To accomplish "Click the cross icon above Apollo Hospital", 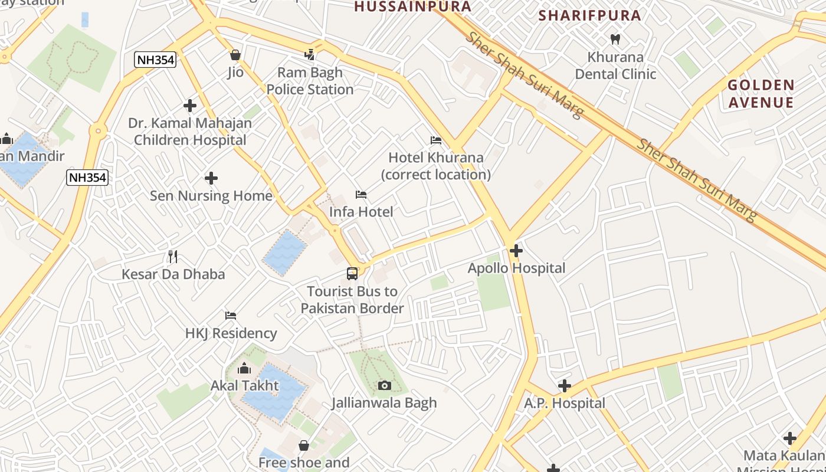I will point(516,251).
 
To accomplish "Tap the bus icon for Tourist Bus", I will point(352,274).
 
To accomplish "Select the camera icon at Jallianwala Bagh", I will point(384,385).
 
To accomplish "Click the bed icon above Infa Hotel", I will point(361,195).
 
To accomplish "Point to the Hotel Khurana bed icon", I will point(436,140).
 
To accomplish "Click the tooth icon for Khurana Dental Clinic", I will point(615,40).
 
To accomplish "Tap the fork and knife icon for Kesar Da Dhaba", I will point(173,257).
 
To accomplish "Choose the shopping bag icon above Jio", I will point(235,55).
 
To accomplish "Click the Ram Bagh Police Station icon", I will point(310,55).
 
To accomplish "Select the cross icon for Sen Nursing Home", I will point(211,178).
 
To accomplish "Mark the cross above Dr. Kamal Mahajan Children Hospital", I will point(190,106).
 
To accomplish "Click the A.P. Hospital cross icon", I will point(565,386).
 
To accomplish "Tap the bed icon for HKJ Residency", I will point(231,316).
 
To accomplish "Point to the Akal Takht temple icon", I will point(244,369).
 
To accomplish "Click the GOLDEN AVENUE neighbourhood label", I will point(761,94).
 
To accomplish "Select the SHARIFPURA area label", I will point(590,15).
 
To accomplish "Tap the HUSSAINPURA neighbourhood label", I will point(413,6).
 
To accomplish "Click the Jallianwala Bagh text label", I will point(384,403).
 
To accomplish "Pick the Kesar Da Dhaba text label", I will point(173,274).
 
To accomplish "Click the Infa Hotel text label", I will point(361,212).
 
